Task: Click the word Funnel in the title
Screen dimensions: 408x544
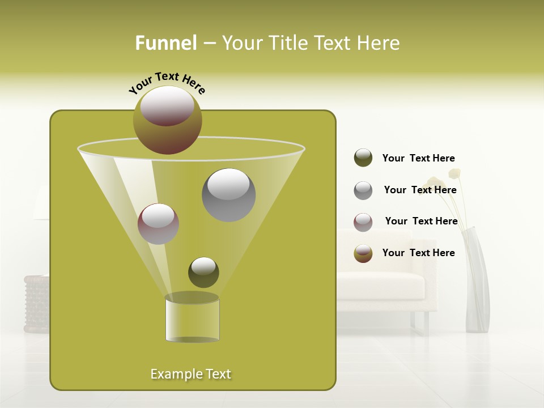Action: pos(166,43)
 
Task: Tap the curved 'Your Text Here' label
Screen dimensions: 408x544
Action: pos(167,83)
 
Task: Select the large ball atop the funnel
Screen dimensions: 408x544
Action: pos(167,120)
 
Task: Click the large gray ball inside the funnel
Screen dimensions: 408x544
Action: pos(228,194)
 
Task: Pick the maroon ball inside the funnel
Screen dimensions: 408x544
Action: pos(158,224)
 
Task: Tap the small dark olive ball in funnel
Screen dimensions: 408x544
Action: pos(203,272)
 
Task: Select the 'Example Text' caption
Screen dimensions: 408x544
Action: pos(191,374)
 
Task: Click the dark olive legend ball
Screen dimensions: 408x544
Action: pos(363,158)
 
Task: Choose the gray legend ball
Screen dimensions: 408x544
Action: pos(363,190)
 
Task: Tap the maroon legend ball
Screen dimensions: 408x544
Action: pos(363,222)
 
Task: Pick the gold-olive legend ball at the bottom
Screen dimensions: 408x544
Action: pos(363,253)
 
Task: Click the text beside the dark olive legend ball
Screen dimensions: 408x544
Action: pos(419,158)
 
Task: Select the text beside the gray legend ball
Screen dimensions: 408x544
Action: pos(420,190)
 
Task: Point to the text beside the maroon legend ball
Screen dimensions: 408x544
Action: pos(421,221)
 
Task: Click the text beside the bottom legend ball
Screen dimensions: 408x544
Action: pos(419,253)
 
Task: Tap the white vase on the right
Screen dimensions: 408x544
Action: pos(477,283)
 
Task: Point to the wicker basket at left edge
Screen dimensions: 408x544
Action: pos(36,303)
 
